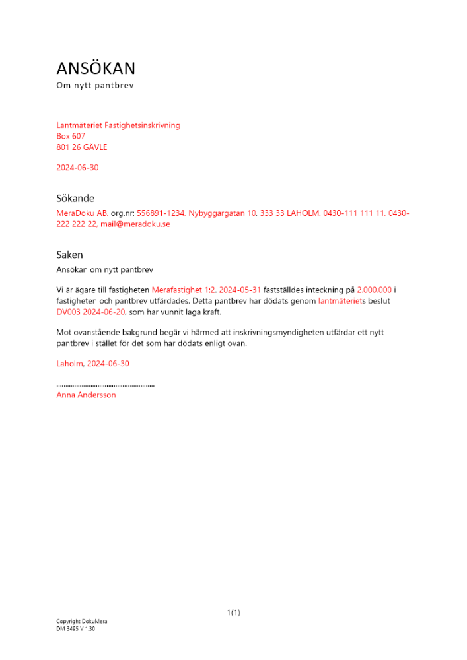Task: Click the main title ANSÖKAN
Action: click(x=96, y=69)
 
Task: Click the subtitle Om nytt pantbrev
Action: click(x=95, y=86)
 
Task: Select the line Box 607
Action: click(x=71, y=136)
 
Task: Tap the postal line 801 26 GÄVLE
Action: click(x=82, y=147)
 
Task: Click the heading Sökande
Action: click(x=75, y=198)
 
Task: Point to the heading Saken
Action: click(x=69, y=255)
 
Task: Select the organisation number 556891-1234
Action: click(x=161, y=213)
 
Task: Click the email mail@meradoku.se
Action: click(x=135, y=224)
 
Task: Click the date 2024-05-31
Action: click(x=240, y=290)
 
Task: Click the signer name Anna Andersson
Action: click(x=86, y=395)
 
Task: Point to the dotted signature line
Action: click(x=106, y=385)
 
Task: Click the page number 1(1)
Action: click(x=233, y=612)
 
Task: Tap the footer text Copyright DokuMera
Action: click(x=82, y=622)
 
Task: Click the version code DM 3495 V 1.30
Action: click(x=76, y=629)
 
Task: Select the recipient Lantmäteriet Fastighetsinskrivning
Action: click(x=118, y=125)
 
